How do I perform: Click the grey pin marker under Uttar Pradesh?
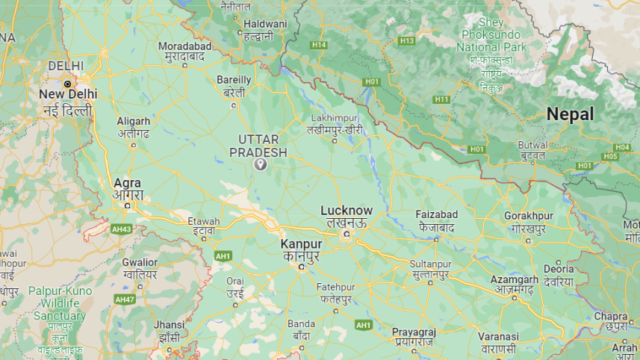point(261,164)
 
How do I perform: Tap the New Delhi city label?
point(67,94)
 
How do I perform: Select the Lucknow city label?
point(346,211)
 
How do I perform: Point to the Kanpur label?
point(301,244)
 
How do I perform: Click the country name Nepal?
point(570,114)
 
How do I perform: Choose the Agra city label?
point(128,183)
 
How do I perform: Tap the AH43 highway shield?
point(120,228)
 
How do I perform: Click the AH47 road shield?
point(124,299)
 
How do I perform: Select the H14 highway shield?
point(320,45)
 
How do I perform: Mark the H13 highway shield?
point(406,40)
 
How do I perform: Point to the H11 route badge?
point(441,99)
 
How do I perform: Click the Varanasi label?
point(498,337)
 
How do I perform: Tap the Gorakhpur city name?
point(529,215)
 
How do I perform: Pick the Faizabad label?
point(437,215)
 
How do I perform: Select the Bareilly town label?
point(234,80)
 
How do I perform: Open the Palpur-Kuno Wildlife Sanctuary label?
point(60,303)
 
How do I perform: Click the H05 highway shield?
point(610,156)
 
